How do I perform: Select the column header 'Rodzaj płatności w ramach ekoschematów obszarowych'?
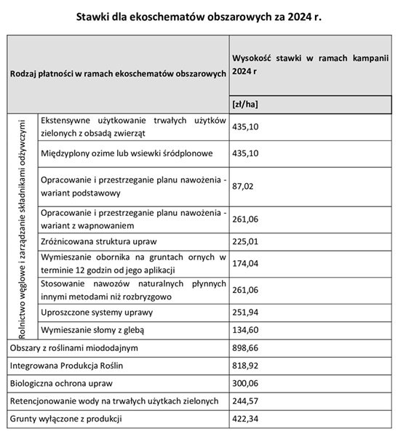117,75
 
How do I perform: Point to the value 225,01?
244,241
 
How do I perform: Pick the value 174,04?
244,264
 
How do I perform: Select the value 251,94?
244,313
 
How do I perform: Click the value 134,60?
244,330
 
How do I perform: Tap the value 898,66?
244,348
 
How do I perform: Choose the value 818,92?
244,366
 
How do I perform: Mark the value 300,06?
244,383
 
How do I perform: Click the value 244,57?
244,400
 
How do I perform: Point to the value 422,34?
244,419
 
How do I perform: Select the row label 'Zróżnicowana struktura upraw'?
99,241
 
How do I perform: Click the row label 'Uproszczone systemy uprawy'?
97,313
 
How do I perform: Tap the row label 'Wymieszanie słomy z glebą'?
94,330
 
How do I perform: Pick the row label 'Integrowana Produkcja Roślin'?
68,366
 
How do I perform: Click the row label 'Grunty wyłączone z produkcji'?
66,419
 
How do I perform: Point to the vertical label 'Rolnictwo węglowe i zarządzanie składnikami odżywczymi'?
22,226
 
